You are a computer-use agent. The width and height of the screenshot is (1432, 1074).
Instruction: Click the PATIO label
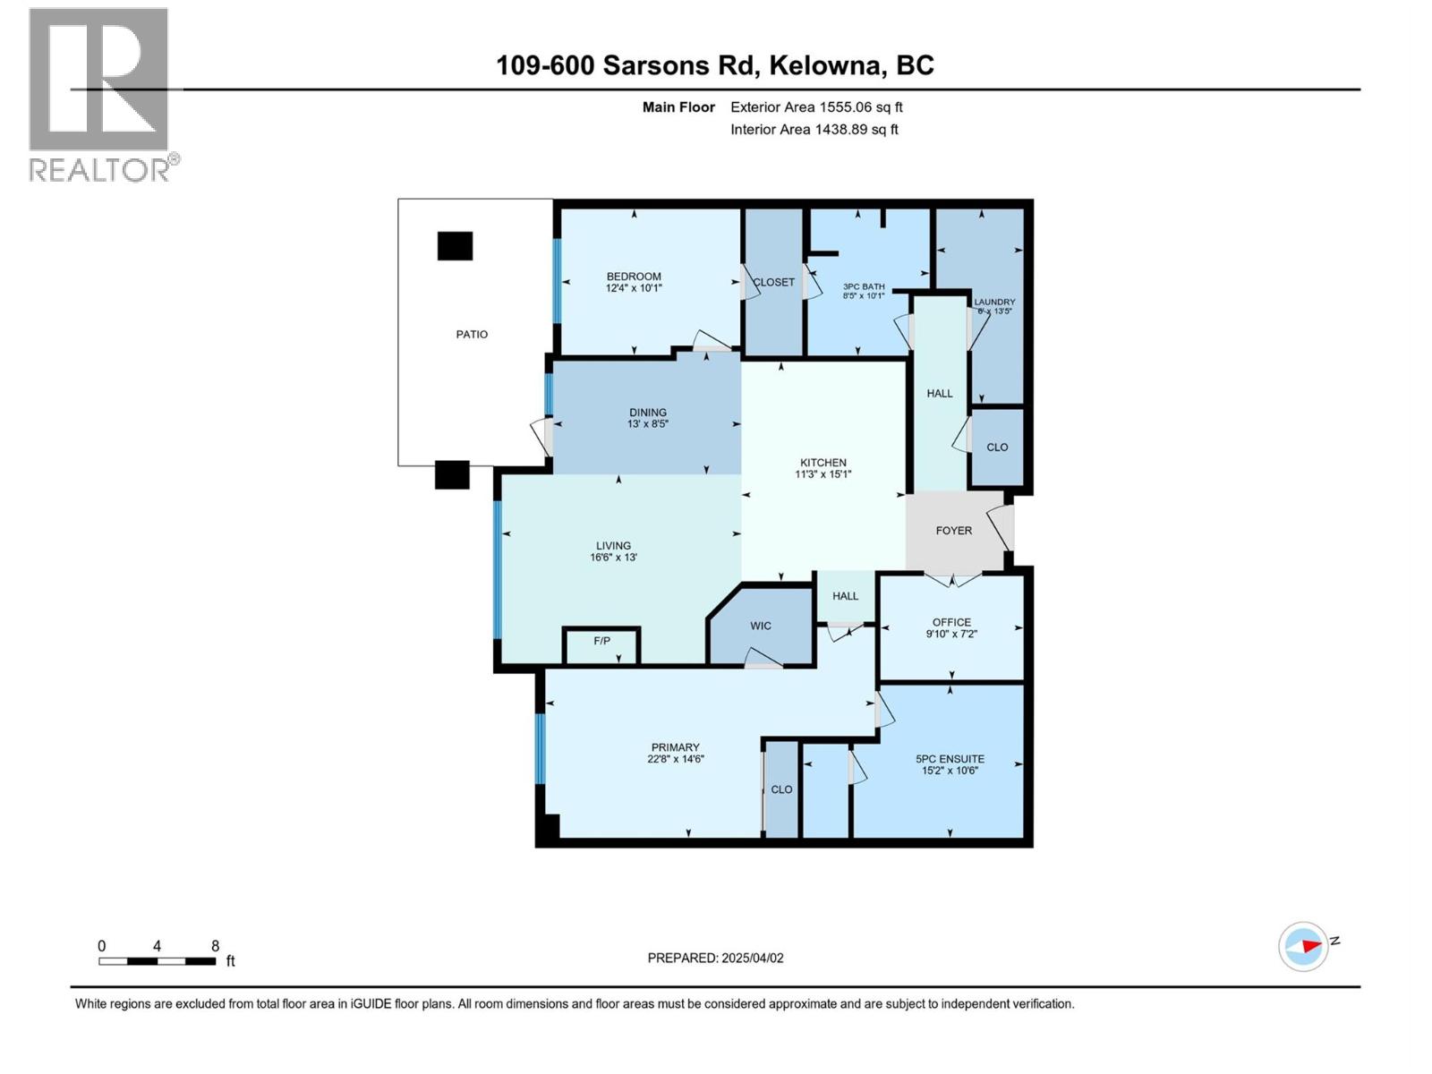[x=472, y=335]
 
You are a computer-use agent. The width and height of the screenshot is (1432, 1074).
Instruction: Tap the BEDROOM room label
[x=634, y=277]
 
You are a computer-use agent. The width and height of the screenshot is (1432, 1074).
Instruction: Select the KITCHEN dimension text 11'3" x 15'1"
[x=823, y=474]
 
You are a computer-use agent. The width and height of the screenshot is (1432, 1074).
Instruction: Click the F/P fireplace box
[x=601, y=642]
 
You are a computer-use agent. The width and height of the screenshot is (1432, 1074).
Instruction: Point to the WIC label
[x=761, y=626]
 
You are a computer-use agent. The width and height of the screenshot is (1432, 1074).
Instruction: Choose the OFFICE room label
[x=951, y=622]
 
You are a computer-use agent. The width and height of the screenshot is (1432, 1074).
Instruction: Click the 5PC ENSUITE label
[x=950, y=759]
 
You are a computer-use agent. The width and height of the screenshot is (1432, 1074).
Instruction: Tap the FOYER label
[x=954, y=531]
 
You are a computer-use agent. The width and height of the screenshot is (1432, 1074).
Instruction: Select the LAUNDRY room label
[x=994, y=303]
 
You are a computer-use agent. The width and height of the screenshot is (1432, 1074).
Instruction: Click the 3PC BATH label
[x=864, y=287]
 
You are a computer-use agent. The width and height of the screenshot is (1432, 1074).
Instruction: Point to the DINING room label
[x=647, y=413]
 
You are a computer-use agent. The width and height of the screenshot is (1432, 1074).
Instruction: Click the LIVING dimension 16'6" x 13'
[x=613, y=558]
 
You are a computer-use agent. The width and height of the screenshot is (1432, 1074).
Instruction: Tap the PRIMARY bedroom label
[x=676, y=747]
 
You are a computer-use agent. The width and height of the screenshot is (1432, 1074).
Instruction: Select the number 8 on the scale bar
[x=215, y=946]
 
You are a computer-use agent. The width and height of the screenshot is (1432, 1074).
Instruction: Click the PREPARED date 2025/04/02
[x=751, y=958]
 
